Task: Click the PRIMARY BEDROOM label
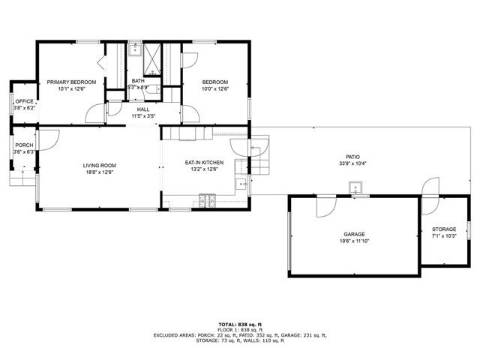(71, 82)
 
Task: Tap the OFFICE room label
(25, 101)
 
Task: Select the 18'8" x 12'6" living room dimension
(100, 172)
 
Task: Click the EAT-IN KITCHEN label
(204, 163)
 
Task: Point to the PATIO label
(353, 157)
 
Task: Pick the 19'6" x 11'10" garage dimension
(354, 241)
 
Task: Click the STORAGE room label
(444, 229)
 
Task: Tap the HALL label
(143, 109)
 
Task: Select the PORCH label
(24, 145)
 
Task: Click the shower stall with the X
(152, 59)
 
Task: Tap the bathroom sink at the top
(135, 50)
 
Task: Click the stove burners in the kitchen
(207, 200)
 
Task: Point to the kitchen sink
(241, 184)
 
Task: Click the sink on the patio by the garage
(355, 187)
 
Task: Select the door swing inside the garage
(326, 206)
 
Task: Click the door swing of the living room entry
(48, 140)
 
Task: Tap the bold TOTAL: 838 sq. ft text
(240, 325)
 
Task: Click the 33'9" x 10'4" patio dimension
(353, 163)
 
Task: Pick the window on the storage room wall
(468, 230)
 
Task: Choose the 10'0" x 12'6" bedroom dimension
(215, 88)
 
